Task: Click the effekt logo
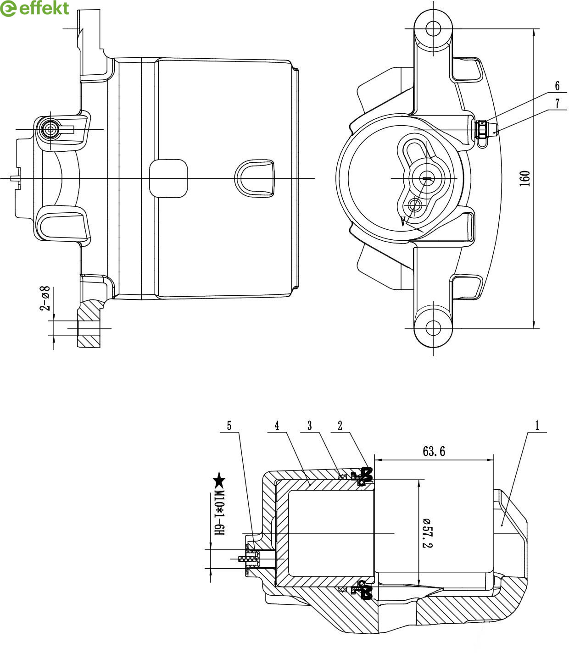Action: (x=35, y=8)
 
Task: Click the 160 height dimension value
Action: (x=525, y=178)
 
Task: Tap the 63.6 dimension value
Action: (x=434, y=451)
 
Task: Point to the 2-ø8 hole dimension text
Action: (x=45, y=298)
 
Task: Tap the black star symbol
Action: (x=219, y=480)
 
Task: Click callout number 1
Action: (x=536, y=426)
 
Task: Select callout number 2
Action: (x=340, y=426)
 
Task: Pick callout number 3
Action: (x=310, y=426)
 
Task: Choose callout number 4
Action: (x=277, y=426)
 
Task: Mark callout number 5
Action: (x=229, y=426)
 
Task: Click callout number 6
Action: (x=557, y=86)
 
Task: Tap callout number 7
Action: (x=558, y=103)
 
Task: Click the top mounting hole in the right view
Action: (x=433, y=29)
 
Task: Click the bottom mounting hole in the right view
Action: (x=433, y=328)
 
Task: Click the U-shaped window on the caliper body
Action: (x=255, y=178)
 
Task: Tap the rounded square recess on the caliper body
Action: (x=168, y=178)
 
